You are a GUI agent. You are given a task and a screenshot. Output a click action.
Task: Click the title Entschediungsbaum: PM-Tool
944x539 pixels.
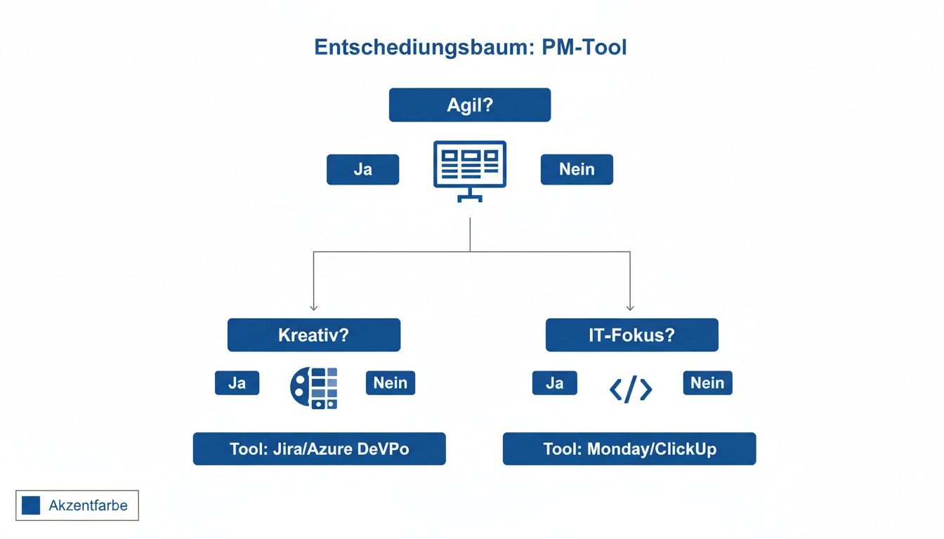pyautogui.click(x=470, y=48)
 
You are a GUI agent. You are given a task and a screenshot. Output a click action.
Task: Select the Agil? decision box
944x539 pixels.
pyautogui.click(x=470, y=105)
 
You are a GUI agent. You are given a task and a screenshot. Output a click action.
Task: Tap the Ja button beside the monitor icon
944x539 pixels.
pyautogui.click(x=362, y=170)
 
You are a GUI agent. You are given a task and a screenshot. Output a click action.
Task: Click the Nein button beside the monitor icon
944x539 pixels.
pyautogui.click(x=577, y=170)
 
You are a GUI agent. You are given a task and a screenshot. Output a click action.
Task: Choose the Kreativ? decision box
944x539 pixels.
pyautogui.click(x=313, y=335)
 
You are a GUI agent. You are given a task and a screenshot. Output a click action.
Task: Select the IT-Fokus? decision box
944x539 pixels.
pyautogui.click(x=631, y=335)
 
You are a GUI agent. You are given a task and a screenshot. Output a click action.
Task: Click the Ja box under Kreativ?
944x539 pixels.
pyautogui.click(x=237, y=383)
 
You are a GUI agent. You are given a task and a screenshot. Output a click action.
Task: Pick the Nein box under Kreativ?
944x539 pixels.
pyautogui.click(x=391, y=383)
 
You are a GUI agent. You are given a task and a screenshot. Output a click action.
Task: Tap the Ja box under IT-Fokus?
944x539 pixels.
pyautogui.click(x=554, y=383)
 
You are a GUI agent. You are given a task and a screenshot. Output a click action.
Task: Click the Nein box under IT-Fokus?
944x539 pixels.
pyautogui.click(x=707, y=383)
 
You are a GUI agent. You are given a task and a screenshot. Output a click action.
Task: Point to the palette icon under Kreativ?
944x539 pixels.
pyautogui.click(x=314, y=388)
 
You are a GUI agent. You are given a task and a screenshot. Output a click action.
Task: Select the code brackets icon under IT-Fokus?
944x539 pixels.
pyautogui.click(x=631, y=389)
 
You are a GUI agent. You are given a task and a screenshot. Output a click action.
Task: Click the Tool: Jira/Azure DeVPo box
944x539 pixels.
pyautogui.click(x=319, y=449)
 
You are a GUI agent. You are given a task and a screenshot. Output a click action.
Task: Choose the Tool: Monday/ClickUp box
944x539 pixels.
pyautogui.click(x=629, y=449)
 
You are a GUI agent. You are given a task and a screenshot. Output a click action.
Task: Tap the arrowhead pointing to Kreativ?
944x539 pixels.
pyautogui.click(x=314, y=307)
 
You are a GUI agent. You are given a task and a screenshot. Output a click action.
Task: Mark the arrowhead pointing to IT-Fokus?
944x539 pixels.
pyautogui.click(x=630, y=307)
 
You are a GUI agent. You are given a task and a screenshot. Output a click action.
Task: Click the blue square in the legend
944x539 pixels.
pyautogui.click(x=31, y=505)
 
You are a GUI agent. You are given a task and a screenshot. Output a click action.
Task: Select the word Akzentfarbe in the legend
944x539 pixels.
pyautogui.click(x=88, y=505)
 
